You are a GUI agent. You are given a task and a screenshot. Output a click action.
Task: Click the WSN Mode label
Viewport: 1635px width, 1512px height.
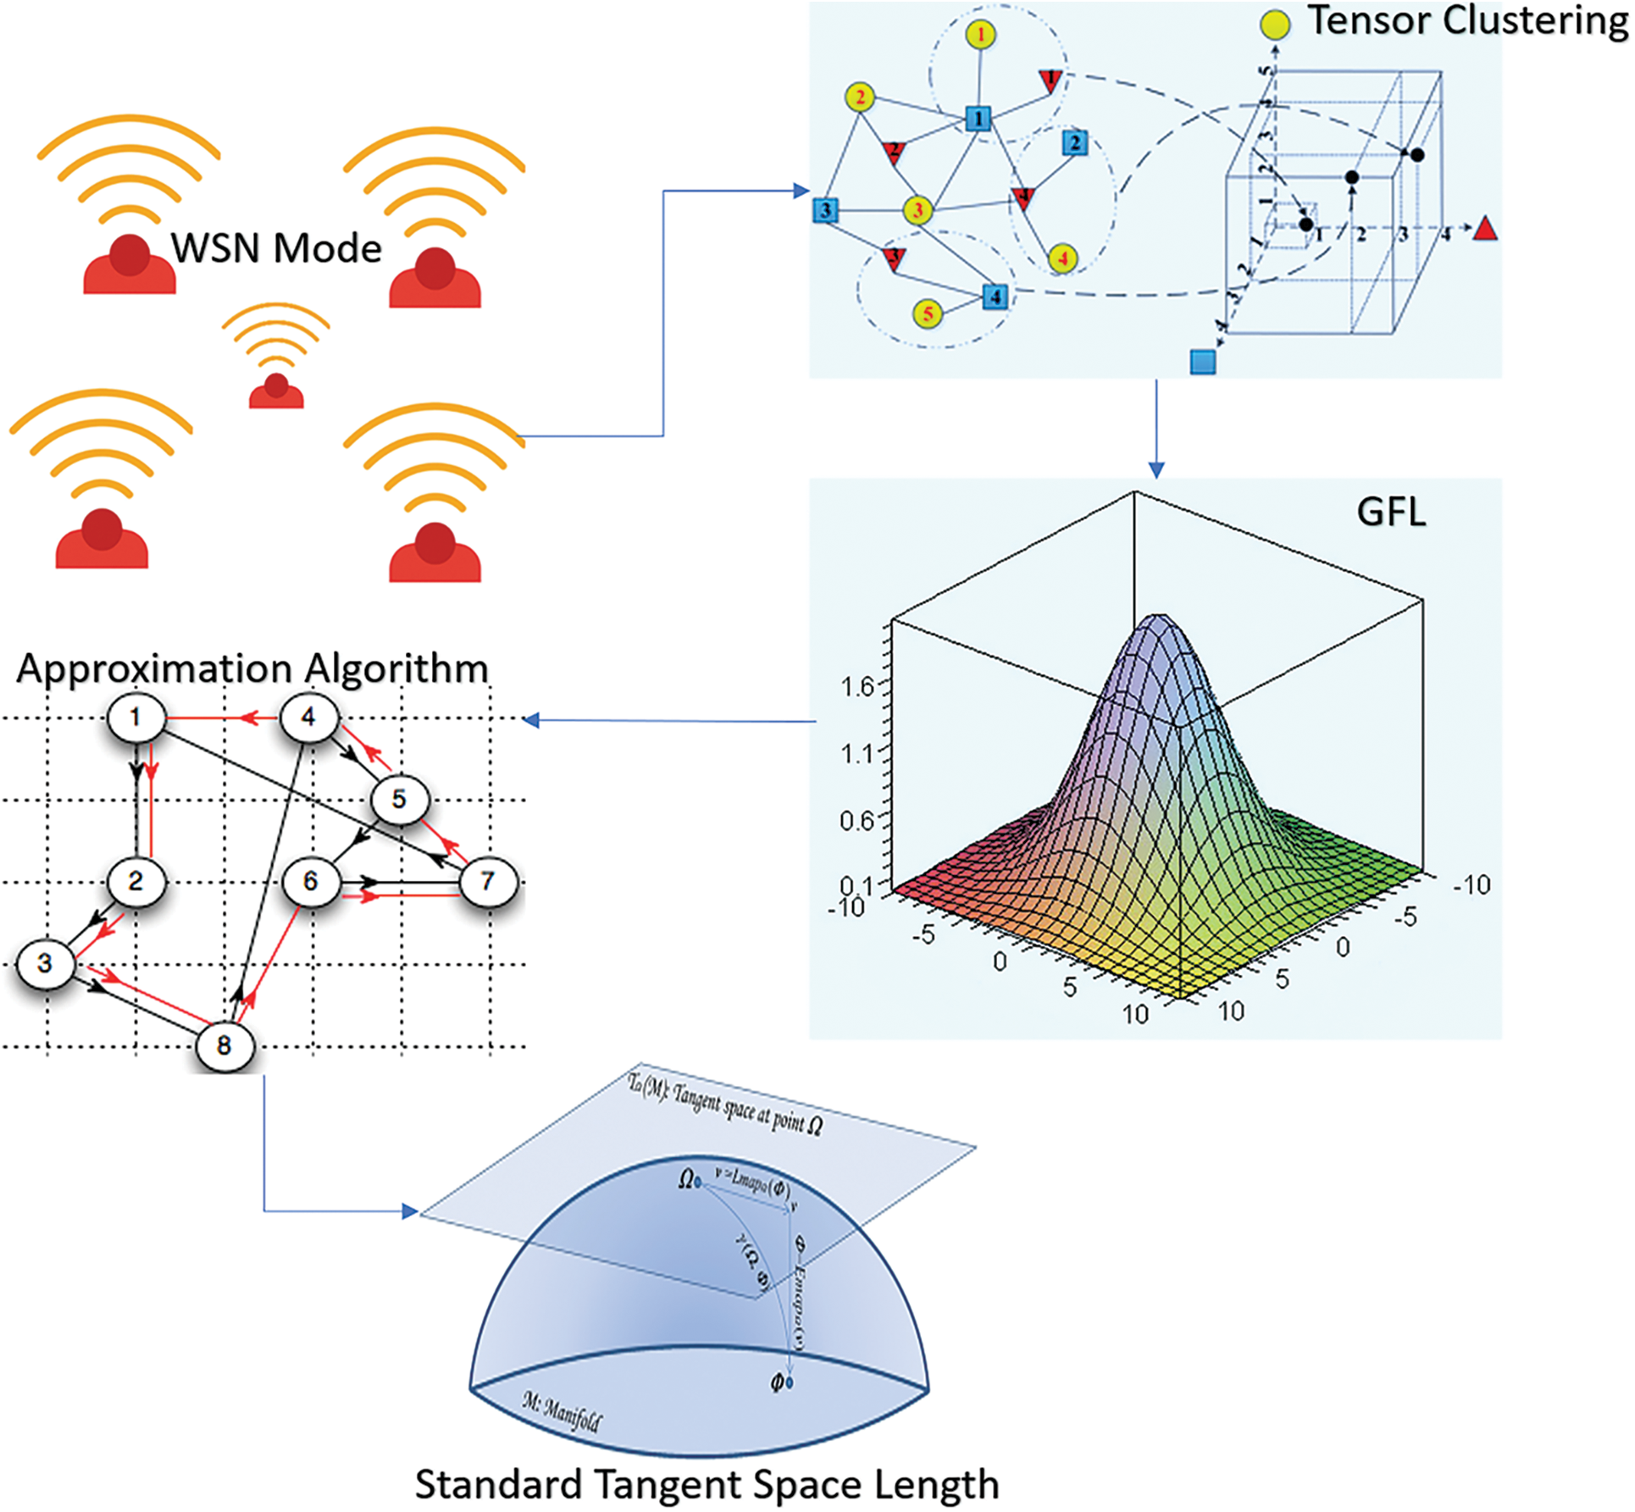coord(276,248)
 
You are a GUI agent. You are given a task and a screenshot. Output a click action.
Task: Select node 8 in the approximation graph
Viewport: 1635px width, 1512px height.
coord(224,1045)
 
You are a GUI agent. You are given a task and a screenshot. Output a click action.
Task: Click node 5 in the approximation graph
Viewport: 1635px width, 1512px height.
coord(398,799)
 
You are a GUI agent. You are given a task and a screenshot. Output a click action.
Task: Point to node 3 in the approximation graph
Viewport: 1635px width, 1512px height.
coord(45,963)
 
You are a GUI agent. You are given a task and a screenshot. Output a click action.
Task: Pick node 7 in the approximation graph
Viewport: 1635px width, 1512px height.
coord(487,881)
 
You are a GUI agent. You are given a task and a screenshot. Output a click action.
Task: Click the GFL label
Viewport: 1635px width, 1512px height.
coord(1391,512)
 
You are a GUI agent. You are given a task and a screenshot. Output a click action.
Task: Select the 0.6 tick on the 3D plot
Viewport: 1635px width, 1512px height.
coord(856,820)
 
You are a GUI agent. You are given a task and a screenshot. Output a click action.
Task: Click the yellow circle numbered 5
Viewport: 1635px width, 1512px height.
coord(928,314)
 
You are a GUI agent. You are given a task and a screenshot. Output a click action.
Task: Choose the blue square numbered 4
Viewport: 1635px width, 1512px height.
coord(995,296)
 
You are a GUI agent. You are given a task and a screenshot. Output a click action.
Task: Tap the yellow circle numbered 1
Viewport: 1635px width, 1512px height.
coord(980,35)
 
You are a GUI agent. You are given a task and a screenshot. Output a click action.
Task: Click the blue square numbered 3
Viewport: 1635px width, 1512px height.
coord(825,210)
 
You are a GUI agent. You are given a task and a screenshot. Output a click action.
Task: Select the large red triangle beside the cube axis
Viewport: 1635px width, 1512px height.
coord(1485,230)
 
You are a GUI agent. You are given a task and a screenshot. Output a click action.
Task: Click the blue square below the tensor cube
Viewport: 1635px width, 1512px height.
coord(1203,362)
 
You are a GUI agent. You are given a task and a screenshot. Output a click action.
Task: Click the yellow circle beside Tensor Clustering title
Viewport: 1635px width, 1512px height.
coord(1275,25)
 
